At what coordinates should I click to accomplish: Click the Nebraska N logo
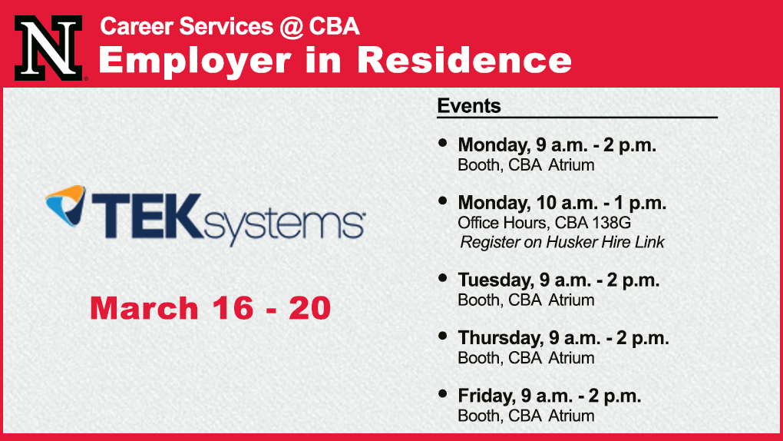coord(49,48)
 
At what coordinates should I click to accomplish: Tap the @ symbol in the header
coord(291,26)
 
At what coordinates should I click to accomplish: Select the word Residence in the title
coord(464,60)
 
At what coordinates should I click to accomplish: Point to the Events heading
coord(469,106)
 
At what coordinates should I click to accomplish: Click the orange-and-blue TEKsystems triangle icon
coord(65,205)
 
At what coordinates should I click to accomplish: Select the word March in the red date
coord(144,308)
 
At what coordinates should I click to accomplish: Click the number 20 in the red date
coord(309,308)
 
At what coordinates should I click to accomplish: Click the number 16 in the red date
coord(232,308)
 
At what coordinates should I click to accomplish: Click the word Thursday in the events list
coord(501,338)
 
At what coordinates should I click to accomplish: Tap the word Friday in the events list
coord(487,396)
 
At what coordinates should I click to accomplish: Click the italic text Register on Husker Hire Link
coord(562,243)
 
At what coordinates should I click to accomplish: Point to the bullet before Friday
coord(442,393)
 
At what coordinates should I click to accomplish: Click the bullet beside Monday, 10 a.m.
coord(442,201)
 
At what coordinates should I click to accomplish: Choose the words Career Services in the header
coord(187,26)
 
